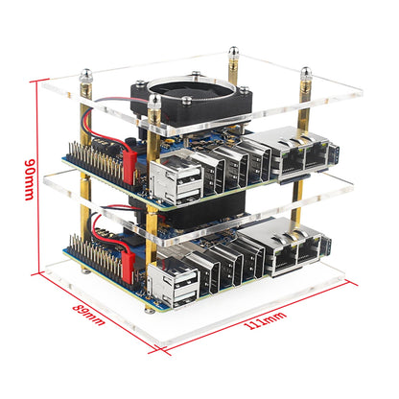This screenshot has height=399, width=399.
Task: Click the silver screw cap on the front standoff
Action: [x=153, y=99]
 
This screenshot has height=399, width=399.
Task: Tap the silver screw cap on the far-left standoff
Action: [x=84, y=75]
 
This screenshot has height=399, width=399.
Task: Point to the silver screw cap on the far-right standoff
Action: [x=307, y=71]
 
